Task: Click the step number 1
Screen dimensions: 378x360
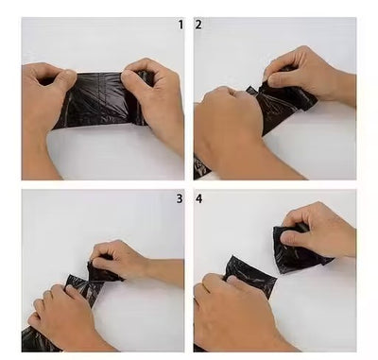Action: point(180,25)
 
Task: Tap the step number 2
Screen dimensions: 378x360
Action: point(198,25)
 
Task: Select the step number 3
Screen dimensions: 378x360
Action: point(180,198)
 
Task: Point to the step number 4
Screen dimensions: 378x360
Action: point(198,198)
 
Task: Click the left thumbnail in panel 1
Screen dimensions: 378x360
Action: point(70,74)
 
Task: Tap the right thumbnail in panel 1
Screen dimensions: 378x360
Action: point(128,75)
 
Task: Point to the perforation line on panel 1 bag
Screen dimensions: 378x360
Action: point(99,94)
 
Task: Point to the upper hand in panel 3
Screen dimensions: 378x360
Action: point(126,260)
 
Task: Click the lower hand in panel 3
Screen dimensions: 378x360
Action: point(63,315)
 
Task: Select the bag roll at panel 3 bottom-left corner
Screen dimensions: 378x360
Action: point(36,340)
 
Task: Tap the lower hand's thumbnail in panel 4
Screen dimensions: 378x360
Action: point(233,279)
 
